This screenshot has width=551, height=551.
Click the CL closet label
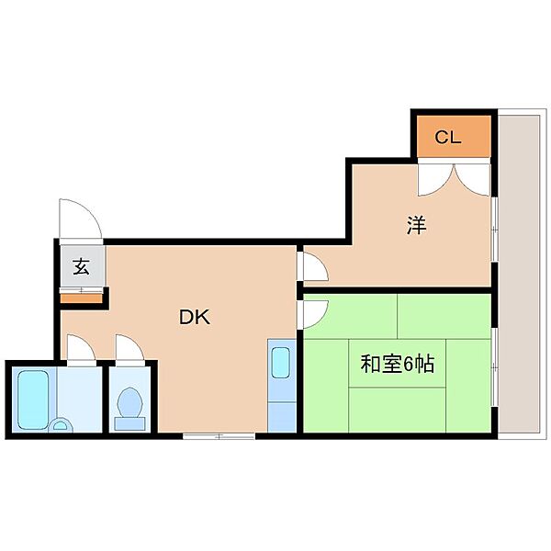(448, 137)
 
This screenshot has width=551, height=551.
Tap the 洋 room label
(417, 225)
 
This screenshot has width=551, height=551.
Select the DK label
(195, 318)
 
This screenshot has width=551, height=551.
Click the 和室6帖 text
(397, 364)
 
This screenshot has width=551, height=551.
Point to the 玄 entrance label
(81, 266)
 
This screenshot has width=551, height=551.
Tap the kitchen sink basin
(280, 363)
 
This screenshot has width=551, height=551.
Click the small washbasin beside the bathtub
(62, 425)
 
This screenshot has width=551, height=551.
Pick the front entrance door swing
(81, 219)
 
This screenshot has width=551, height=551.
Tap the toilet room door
(129, 348)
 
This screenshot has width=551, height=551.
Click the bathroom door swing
(81, 348)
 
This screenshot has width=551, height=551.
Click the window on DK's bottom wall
(219, 436)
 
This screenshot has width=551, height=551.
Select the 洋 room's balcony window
(494, 230)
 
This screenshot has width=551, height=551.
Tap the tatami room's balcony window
(494, 367)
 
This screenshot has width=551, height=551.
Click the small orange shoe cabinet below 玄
(81, 298)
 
